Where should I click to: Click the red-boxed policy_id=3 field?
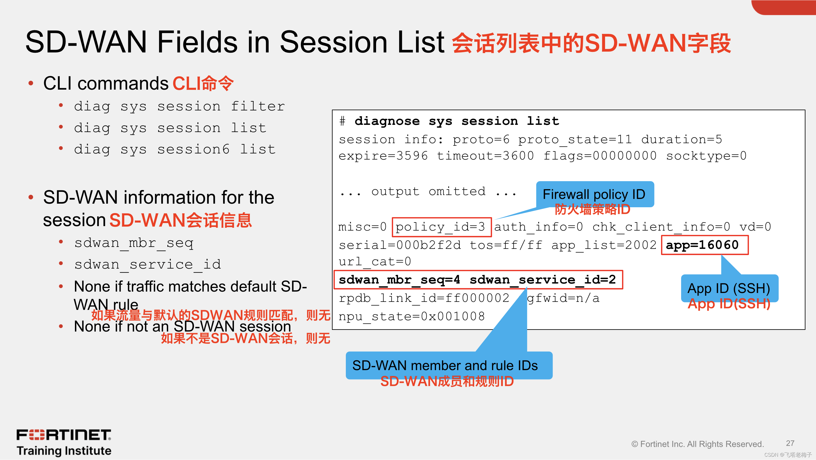(441, 227)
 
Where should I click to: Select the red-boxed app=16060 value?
(704, 245)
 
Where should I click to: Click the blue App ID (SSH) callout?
(729, 288)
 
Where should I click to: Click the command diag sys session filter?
(179, 106)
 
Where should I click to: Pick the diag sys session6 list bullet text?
(175, 149)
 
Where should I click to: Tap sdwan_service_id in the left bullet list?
(148, 264)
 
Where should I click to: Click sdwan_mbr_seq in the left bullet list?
(134, 243)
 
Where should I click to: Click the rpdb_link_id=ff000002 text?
(424, 298)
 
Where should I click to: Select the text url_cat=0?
(375, 262)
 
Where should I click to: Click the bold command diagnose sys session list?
(457, 121)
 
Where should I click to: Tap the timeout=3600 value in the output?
(485, 156)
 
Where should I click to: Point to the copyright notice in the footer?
(697, 444)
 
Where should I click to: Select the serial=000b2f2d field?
(399, 245)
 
